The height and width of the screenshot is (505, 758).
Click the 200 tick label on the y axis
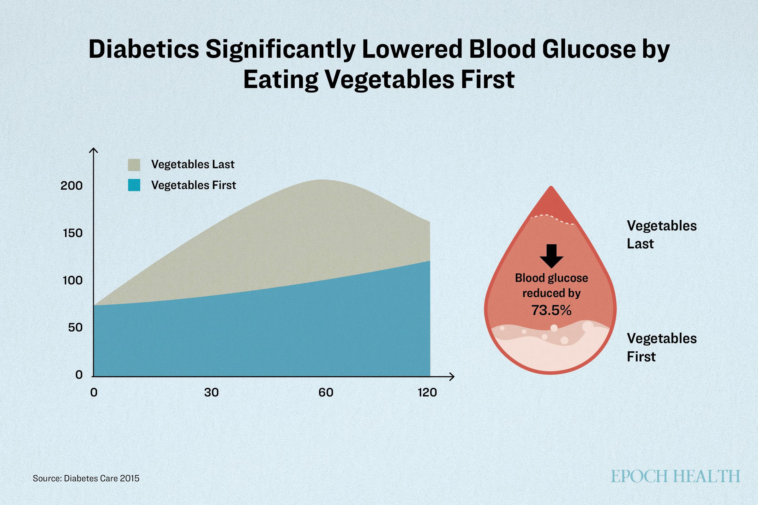point(72,186)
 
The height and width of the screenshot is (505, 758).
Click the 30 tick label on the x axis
point(211,392)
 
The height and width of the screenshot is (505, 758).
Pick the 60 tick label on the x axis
point(326,392)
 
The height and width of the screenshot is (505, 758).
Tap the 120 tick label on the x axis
point(427,392)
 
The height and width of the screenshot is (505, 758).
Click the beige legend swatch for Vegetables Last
point(134,164)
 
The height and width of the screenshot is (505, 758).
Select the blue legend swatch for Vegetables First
point(134,185)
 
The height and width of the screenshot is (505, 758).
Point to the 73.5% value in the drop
point(551,310)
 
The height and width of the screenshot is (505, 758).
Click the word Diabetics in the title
point(144,50)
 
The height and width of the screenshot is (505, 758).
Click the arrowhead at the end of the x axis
point(453,376)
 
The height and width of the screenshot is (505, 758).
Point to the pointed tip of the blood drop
point(551,187)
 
